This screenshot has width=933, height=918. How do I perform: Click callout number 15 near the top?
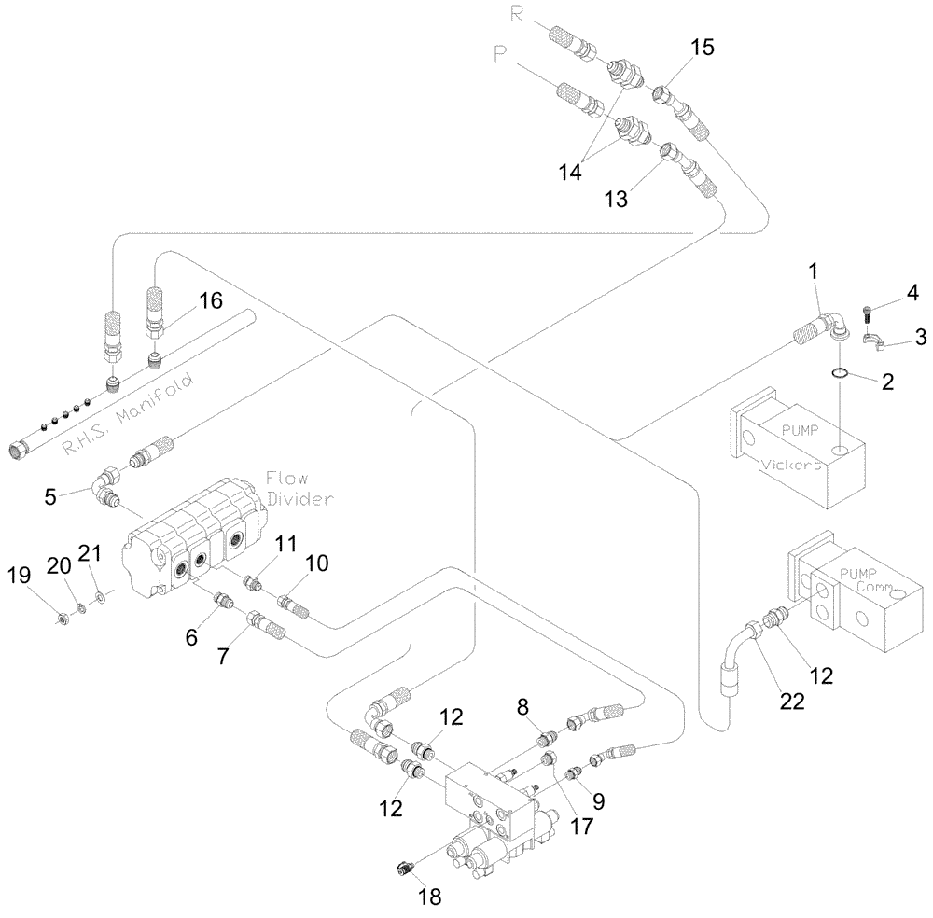point(703,48)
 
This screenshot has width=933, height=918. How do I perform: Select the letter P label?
point(499,56)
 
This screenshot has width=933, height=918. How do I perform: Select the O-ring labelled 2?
point(841,374)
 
